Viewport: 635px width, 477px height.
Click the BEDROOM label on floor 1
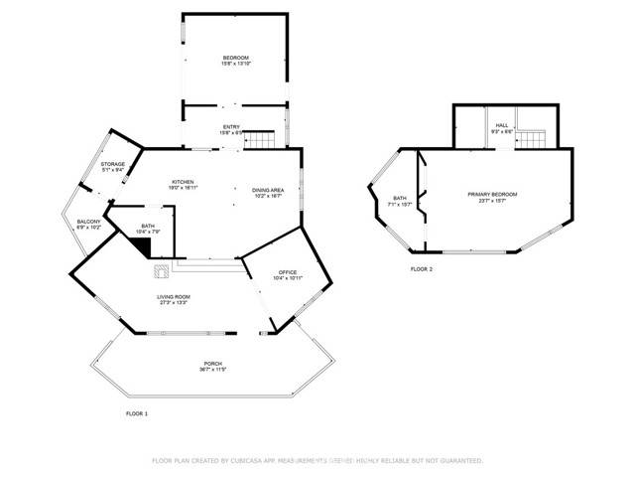click(x=236, y=59)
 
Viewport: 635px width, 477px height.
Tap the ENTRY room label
click(x=231, y=126)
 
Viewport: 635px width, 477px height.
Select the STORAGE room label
click(x=112, y=164)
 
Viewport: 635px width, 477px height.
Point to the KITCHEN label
click(x=183, y=182)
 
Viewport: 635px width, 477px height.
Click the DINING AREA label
click(x=268, y=190)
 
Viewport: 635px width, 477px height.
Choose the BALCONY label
click(x=89, y=222)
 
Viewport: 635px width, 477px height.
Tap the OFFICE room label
click(x=288, y=272)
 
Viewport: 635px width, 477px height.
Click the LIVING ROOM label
click(x=173, y=297)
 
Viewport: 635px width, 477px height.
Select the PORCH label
click(x=213, y=364)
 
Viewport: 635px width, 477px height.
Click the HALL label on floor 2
click(x=503, y=125)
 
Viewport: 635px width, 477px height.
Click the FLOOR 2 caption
click(x=422, y=268)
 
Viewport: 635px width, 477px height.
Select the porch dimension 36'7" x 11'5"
click(x=213, y=370)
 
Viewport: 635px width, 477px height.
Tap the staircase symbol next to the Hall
click(x=535, y=138)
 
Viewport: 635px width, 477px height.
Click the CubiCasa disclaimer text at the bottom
click(x=317, y=460)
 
